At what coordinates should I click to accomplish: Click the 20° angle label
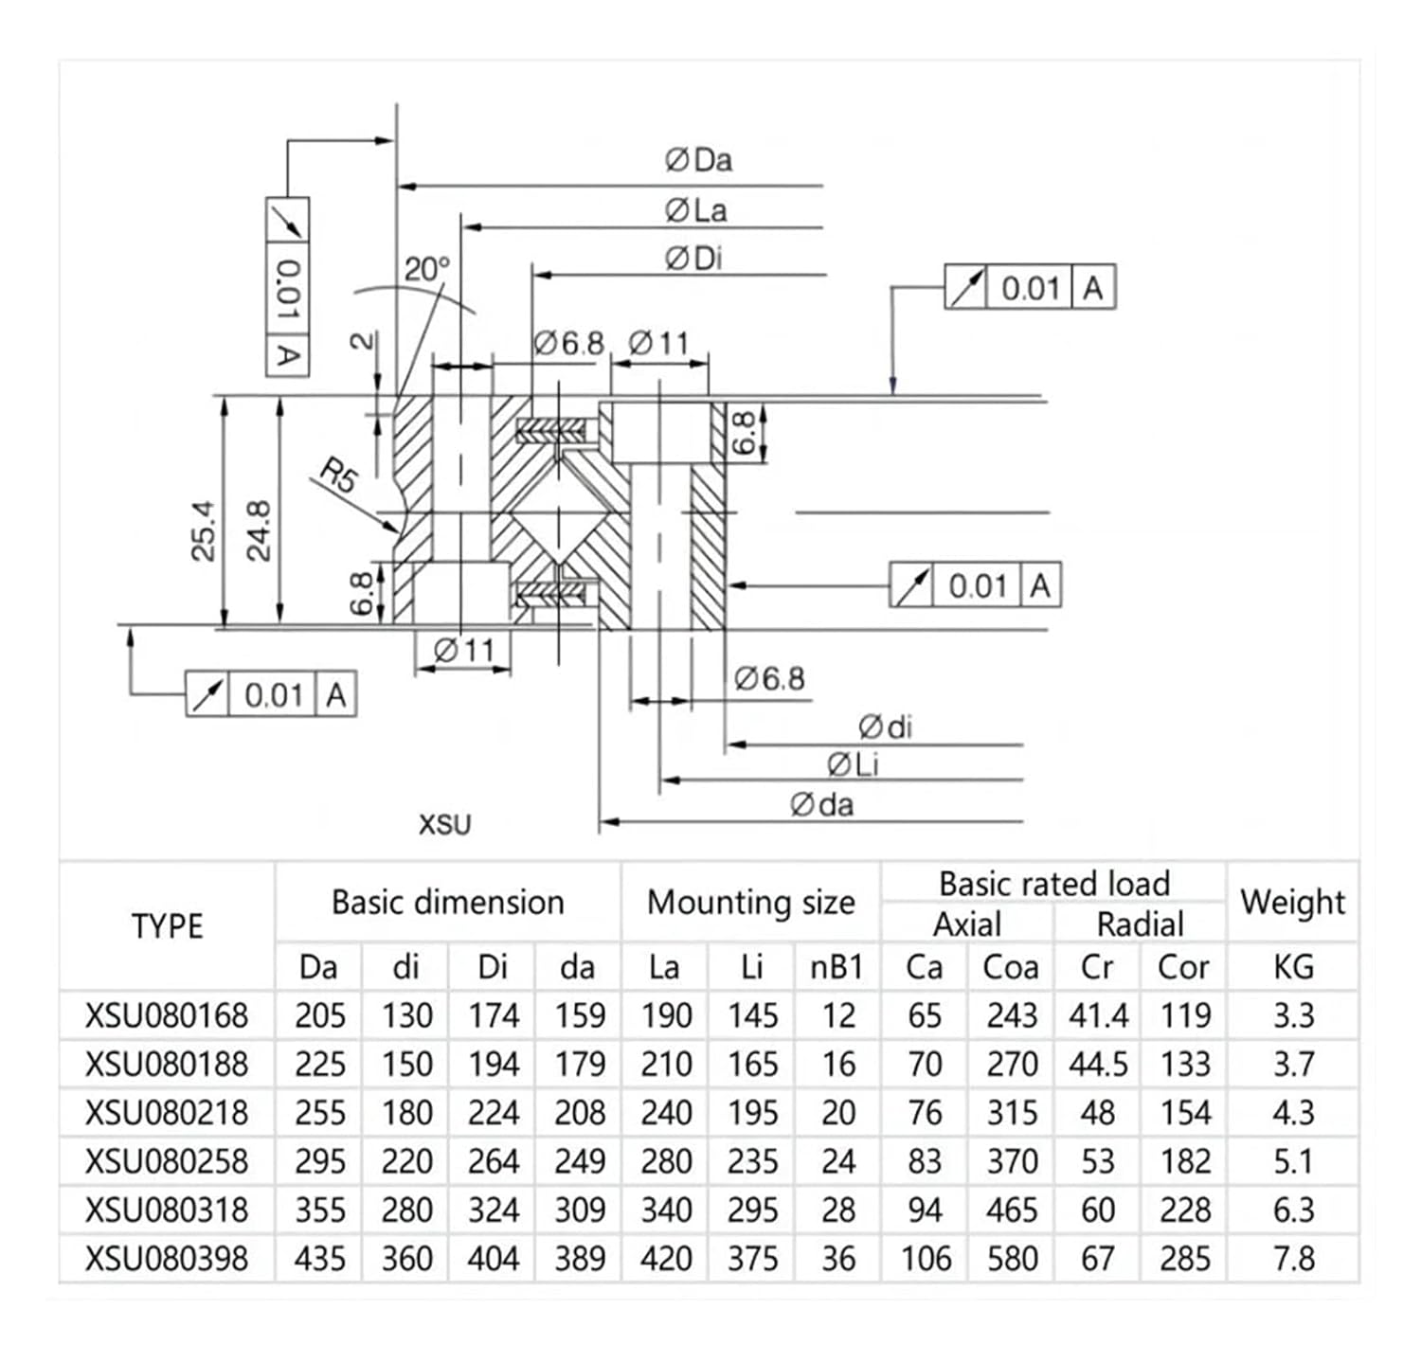427,270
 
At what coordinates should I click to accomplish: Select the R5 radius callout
337,475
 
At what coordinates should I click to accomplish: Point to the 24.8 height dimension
259,530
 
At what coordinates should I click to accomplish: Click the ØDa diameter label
698,160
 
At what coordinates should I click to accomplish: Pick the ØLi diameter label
853,764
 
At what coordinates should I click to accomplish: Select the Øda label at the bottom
821,805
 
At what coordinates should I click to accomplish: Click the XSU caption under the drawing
444,825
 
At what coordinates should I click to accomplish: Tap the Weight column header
1292,902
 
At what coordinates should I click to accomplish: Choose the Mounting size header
750,902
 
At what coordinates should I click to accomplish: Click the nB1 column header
837,967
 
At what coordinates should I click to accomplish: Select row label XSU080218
167,1113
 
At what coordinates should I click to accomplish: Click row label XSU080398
167,1259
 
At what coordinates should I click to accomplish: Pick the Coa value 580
1012,1259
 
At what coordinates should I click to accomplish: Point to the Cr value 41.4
1098,1015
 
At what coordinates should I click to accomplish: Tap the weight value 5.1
1292,1161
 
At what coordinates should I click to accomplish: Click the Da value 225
319,1065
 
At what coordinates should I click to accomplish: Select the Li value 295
752,1210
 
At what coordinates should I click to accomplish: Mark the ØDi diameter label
693,259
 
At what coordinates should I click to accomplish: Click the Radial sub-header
1140,924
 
